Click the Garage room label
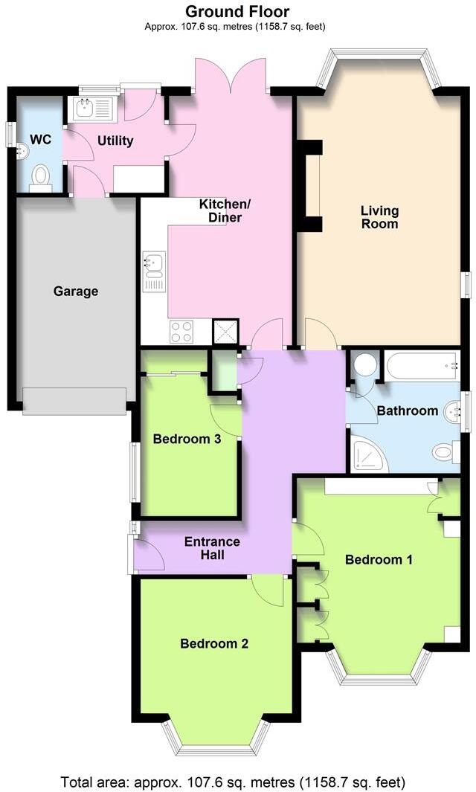coord(76,292)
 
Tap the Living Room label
coord(379,217)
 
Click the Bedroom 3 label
coord(187,439)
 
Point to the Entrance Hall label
coord(212,548)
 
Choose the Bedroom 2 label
coord(214,643)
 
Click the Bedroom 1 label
coord(379,559)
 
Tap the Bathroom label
coord(407,411)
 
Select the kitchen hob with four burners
coord(181,331)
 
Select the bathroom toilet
coord(443,451)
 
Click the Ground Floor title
coord(237,11)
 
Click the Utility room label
coord(115,141)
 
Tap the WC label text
coord(39,138)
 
